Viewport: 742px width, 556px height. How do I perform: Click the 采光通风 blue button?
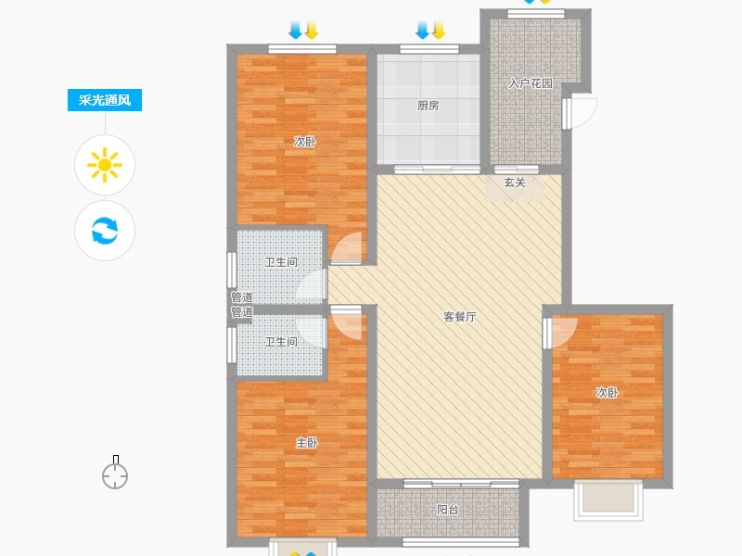pos(105,100)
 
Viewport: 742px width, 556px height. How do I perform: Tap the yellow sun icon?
pos(105,165)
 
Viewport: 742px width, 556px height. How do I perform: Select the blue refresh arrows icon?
pos(105,231)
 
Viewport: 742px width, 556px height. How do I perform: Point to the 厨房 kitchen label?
pos(429,106)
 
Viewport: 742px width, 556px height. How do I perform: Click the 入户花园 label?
pos(531,83)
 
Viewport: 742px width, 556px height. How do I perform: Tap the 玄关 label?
pos(515,183)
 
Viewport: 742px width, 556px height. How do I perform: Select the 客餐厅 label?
pos(460,317)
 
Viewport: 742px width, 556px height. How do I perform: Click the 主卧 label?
pos(307,443)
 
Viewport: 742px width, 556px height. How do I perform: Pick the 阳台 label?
pos(448,510)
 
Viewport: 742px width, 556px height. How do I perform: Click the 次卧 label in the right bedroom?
pos(608,393)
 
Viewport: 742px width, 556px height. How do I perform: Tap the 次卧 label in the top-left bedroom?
pos(305,142)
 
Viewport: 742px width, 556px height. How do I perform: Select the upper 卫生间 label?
pos(281,262)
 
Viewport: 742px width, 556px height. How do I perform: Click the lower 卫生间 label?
pos(281,342)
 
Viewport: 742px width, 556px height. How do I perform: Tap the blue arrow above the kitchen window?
pos(422,30)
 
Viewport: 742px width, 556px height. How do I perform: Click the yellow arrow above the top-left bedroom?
pos(312,30)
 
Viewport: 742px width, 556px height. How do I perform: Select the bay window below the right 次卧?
pos(608,500)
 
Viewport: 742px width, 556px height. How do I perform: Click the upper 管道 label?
pos(242,297)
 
